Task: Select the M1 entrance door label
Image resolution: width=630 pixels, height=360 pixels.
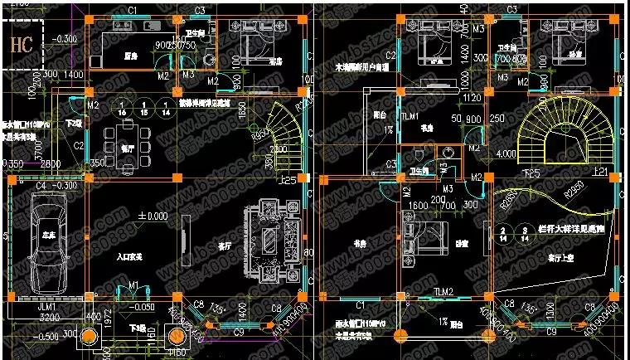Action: pyautogui.click(x=133, y=286)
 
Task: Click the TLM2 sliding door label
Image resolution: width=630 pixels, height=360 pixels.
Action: pyautogui.click(x=443, y=292)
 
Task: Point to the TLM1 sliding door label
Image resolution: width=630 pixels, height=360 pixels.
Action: pyautogui.click(x=409, y=118)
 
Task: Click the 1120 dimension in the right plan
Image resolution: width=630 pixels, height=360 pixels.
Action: pyautogui.click(x=472, y=99)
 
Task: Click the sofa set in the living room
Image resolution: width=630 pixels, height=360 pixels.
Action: pyautogui.click(x=271, y=235)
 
